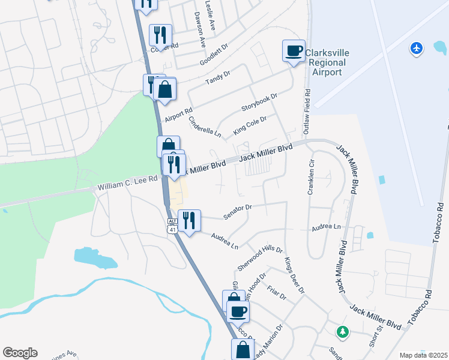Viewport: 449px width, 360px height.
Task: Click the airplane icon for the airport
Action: point(416,47)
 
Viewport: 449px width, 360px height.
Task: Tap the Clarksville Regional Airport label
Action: point(326,62)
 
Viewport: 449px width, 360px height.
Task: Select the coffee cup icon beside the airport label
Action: point(294,50)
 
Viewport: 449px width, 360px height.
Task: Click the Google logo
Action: point(20,353)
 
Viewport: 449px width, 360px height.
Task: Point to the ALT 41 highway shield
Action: point(172,225)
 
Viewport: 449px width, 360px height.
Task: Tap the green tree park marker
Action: point(342,331)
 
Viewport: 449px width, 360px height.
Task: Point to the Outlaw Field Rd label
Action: point(307,112)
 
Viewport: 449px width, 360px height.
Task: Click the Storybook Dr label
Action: point(259,102)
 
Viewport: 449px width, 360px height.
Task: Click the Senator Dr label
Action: point(237,208)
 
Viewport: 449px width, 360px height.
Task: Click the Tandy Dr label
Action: point(218,78)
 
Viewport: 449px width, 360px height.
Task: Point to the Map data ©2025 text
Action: point(423,355)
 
